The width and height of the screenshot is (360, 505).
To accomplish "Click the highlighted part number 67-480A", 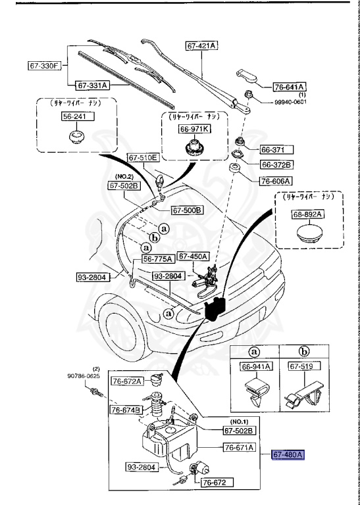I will [289, 454].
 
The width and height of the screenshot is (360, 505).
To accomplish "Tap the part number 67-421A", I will [202, 45].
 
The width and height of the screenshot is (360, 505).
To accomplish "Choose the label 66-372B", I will [276, 164].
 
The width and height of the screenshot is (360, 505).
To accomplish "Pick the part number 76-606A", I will [276, 181].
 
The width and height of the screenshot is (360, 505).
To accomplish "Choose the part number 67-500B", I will [187, 210].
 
